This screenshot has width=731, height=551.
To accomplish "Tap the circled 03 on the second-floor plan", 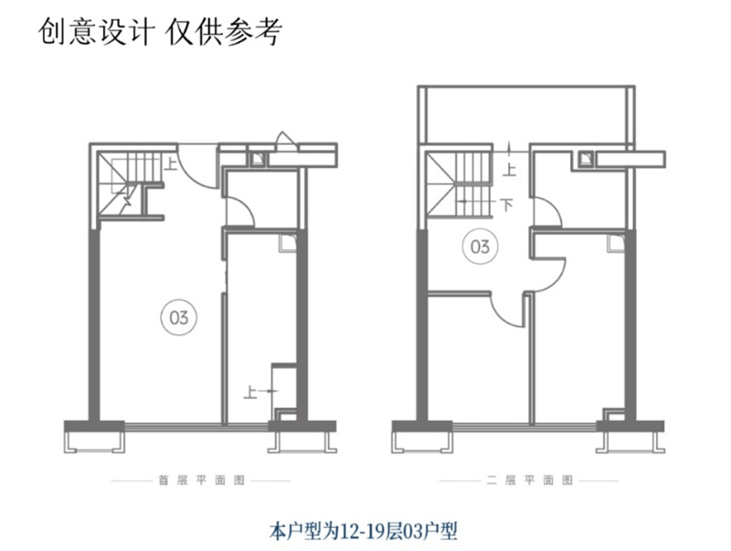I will [x=480, y=247].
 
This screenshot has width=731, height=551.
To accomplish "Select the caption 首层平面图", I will [x=200, y=479].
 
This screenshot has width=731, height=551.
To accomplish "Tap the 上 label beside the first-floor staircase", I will [x=171, y=165].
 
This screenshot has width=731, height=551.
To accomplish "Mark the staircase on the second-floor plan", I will [x=461, y=183].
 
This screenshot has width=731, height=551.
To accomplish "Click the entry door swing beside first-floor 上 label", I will [x=195, y=160].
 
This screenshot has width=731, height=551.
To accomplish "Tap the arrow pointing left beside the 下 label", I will [x=475, y=202].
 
